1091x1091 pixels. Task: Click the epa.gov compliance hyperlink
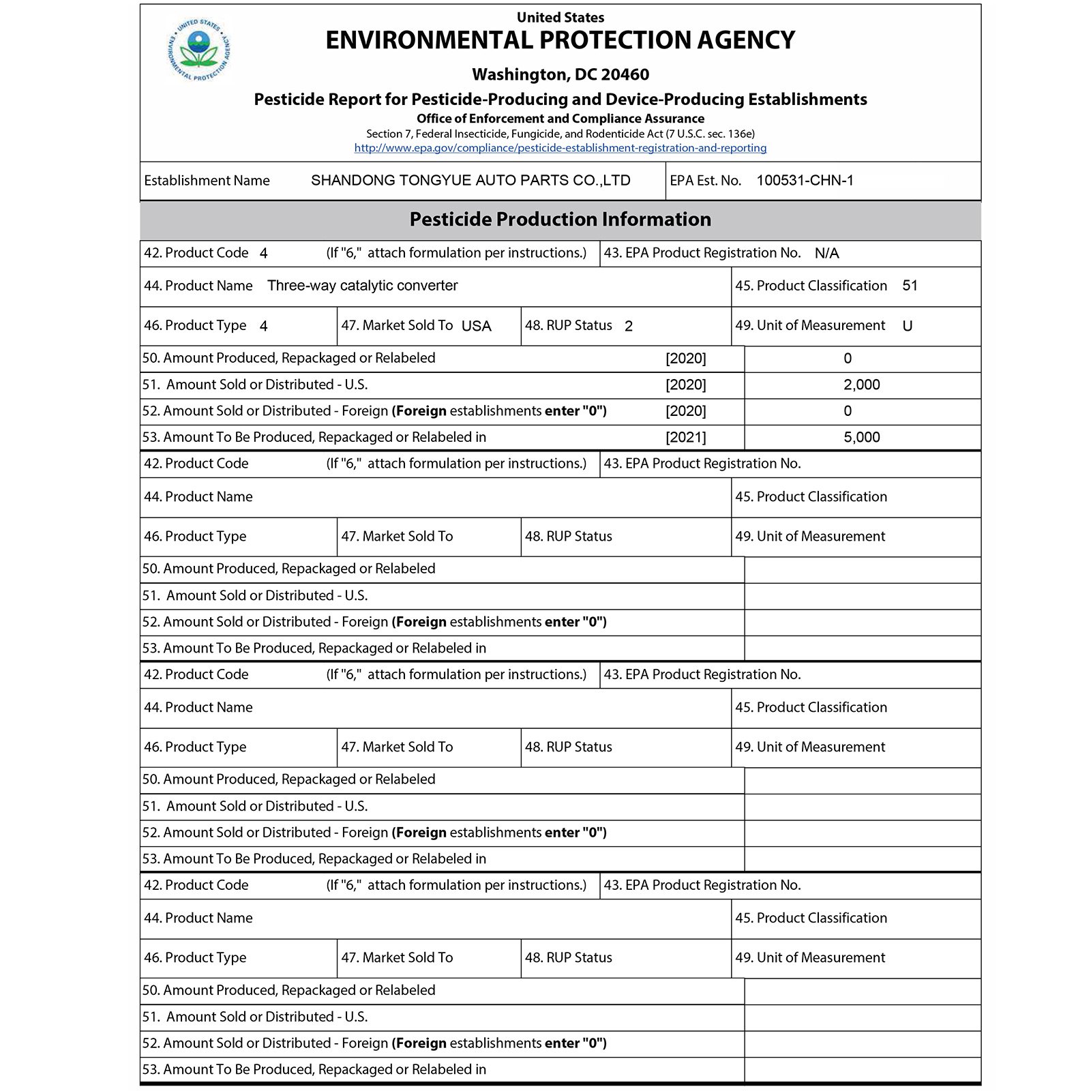tap(560, 148)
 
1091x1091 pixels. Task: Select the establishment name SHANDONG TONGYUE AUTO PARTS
tap(470, 181)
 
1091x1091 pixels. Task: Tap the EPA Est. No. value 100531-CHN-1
tap(805, 181)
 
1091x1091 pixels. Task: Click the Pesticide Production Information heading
tap(560, 220)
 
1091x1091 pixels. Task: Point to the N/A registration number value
tap(826, 254)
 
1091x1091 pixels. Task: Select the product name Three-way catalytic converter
tap(362, 286)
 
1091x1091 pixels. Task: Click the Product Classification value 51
tap(910, 286)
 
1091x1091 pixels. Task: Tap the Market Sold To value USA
tap(476, 327)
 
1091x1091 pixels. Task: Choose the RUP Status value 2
tap(628, 327)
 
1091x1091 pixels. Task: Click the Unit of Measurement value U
tap(907, 327)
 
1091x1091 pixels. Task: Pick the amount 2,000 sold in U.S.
tap(861, 385)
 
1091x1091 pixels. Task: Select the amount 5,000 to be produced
tap(861, 438)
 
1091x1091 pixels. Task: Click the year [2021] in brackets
tap(685, 438)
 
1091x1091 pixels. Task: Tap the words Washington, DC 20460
tap(560, 74)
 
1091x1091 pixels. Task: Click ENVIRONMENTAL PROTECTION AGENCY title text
tap(560, 41)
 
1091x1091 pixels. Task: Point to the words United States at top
tap(560, 18)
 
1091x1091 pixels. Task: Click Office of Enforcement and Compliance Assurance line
tap(560, 119)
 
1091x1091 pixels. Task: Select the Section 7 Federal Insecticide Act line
tap(560, 134)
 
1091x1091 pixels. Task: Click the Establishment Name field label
tap(207, 181)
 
